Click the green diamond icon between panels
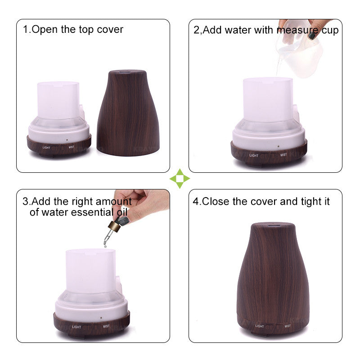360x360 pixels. click(180, 178)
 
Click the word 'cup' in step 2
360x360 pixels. click(330, 31)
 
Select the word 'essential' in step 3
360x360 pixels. click(92, 212)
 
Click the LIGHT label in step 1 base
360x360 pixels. click(46, 148)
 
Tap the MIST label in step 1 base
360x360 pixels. click(72, 147)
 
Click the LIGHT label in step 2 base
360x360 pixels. click(254, 155)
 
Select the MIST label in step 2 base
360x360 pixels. click(283, 155)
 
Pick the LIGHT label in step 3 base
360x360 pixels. click(76, 327)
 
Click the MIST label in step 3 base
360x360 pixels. click(106, 326)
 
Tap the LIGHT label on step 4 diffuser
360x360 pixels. click(260, 326)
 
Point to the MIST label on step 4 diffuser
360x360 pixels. click(288, 326)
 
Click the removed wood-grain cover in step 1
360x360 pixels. click(128, 113)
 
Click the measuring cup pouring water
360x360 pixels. click(301, 53)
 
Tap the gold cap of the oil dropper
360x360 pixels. click(114, 226)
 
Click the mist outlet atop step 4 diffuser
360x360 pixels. click(273, 226)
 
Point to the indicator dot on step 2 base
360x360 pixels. click(278, 146)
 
